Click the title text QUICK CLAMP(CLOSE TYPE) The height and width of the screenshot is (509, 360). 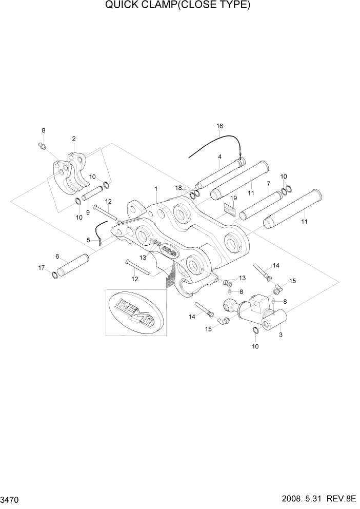(177, 6)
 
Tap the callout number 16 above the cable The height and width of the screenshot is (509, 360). (219, 126)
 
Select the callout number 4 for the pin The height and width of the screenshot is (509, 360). (219, 157)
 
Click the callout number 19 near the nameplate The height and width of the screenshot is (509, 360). (233, 198)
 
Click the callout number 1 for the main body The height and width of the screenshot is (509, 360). (156, 189)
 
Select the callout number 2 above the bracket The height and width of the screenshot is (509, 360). (74, 139)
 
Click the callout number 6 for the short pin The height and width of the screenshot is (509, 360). (57, 257)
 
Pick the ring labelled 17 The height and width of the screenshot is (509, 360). (54, 277)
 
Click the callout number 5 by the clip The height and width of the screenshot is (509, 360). (88, 240)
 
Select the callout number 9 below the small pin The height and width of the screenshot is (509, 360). (88, 212)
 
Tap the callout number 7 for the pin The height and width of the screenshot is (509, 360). (268, 184)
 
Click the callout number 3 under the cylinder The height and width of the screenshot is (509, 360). (280, 335)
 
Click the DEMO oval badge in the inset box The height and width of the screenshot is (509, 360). (136, 312)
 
